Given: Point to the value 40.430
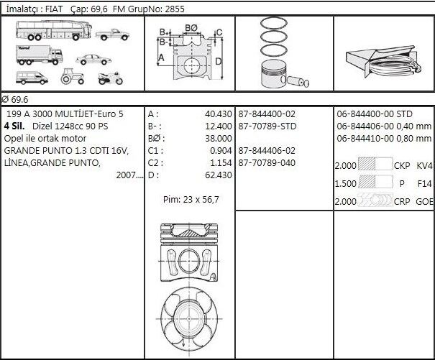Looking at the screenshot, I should coord(217,114).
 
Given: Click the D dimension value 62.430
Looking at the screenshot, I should coord(217,175).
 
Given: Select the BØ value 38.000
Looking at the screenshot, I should coord(217,139).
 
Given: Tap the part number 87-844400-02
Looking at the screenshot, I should coord(267,114).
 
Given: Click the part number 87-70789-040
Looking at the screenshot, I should coord(267,163).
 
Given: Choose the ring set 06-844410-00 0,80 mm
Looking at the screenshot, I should coord(383,139).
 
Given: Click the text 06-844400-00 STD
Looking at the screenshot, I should coord(375,114).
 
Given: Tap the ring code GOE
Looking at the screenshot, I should coord(425,202).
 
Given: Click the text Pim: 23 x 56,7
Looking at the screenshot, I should coord(191,199).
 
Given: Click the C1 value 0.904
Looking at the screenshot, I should coord(219,151).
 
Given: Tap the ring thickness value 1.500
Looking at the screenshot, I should coord(346,184).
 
